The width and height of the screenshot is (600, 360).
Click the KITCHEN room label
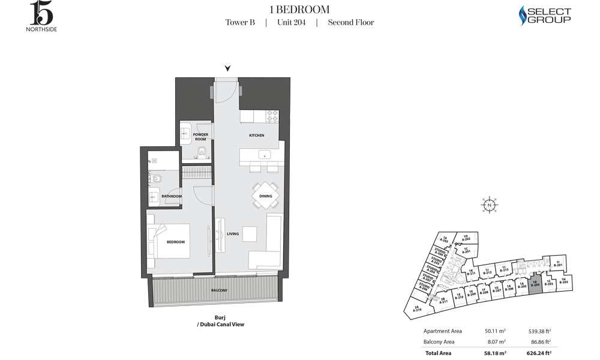point(257,136)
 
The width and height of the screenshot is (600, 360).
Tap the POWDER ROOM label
point(200,137)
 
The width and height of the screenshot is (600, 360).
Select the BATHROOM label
point(172,196)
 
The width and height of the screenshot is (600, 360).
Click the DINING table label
point(266,196)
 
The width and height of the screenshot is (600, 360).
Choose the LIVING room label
point(233,233)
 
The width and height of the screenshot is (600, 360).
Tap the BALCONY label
point(219,290)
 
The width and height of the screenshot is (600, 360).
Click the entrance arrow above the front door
point(227,68)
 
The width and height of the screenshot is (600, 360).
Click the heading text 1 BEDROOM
point(299,9)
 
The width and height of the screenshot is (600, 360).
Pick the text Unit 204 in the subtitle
point(291,23)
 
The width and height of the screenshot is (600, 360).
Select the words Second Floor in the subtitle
point(351,23)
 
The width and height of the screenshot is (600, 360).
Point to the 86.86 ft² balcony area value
point(540,342)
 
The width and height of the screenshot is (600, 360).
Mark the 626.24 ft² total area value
point(539,353)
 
